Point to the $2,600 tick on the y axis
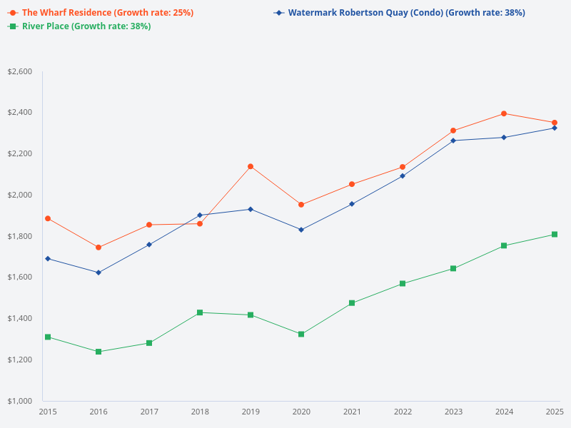pos(19,72)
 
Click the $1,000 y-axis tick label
pos(19,401)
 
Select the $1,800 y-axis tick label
pos(19,236)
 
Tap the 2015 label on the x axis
pos(48,412)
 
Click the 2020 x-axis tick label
pos(301,412)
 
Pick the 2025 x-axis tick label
pos(554,412)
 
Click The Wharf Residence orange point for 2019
pos(251,166)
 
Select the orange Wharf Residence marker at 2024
pos(504,113)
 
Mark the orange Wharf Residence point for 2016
pos(98,248)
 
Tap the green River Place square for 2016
pos(98,352)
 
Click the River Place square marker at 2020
pos(301,334)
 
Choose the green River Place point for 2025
pos(555,234)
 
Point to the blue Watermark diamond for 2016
pos(98,272)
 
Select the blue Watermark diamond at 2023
pos(453,141)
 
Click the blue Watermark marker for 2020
pos(301,230)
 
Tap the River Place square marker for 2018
pos(200,312)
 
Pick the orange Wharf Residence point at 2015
pos(48,218)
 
